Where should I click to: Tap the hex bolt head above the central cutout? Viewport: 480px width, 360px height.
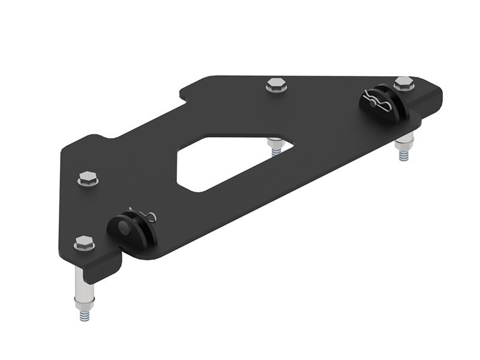tap(277, 85)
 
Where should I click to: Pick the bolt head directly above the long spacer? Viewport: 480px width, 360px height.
tap(84, 243)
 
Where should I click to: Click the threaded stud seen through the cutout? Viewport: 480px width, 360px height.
tap(277, 151)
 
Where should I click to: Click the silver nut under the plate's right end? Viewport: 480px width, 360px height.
tap(405, 142)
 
